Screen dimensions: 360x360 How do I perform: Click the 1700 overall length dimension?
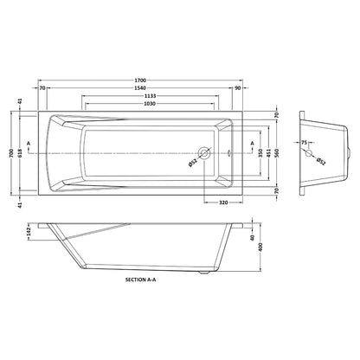point(141,80)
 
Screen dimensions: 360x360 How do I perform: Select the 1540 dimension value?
point(141,88)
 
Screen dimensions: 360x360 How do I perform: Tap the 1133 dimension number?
point(151,96)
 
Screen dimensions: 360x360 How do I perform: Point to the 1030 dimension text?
point(151,103)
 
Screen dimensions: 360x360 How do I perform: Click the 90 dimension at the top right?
point(238,88)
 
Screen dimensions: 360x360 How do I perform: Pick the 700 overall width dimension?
point(11,152)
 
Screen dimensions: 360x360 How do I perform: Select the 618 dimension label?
point(20,152)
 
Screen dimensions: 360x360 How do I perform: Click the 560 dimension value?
point(277,152)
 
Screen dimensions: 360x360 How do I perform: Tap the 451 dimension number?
point(268,152)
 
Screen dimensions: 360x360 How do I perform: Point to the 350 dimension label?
point(260,152)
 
